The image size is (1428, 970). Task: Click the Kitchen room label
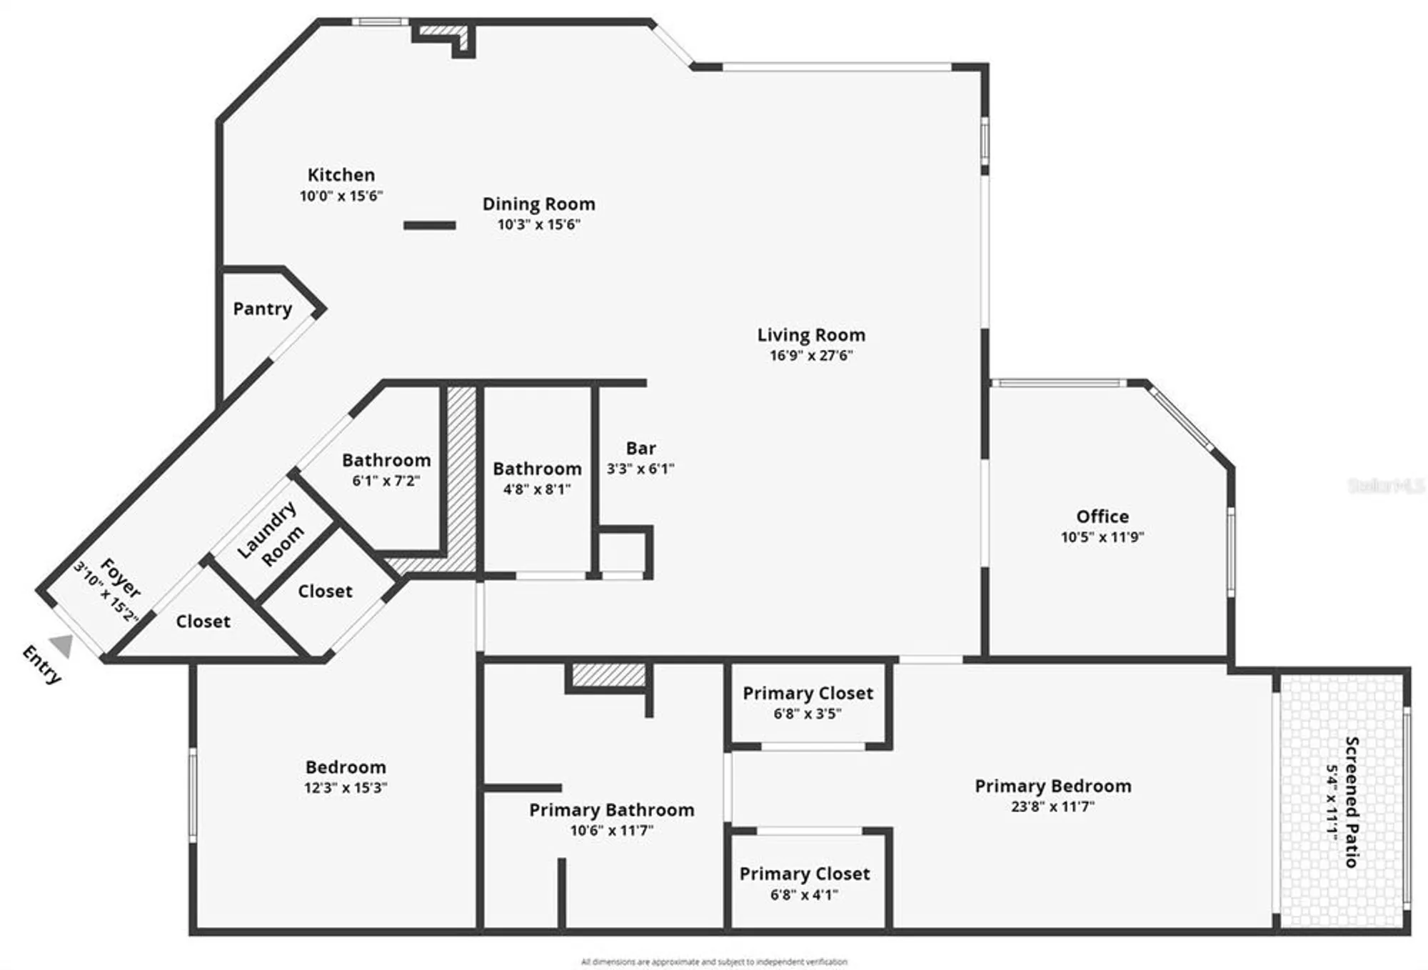(341, 175)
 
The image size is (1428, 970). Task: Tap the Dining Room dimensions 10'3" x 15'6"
(538, 224)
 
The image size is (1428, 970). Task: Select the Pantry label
(263, 309)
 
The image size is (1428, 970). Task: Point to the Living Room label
(811, 335)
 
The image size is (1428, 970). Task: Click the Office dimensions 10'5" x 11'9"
(1102, 537)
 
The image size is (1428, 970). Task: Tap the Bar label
(640, 449)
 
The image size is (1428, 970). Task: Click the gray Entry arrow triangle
(62, 646)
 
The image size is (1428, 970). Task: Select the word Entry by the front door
(41, 664)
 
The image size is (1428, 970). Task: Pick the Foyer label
(120, 578)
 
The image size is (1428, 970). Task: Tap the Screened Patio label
(1351, 801)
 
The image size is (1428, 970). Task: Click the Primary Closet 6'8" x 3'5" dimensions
(808, 714)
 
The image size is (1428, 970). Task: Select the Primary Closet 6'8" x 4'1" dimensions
(804, 894)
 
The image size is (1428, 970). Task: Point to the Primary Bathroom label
(611, 810)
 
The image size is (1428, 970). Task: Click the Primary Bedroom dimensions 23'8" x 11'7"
(1052, 806)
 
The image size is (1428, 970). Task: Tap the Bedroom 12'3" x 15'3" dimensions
(346, 788)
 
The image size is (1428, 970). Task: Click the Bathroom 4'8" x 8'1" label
(537, 469)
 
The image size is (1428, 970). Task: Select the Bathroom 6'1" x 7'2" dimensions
(386, 481)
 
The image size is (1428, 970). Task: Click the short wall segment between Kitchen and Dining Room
(429, 226)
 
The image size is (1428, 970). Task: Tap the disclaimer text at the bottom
(714, 962)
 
